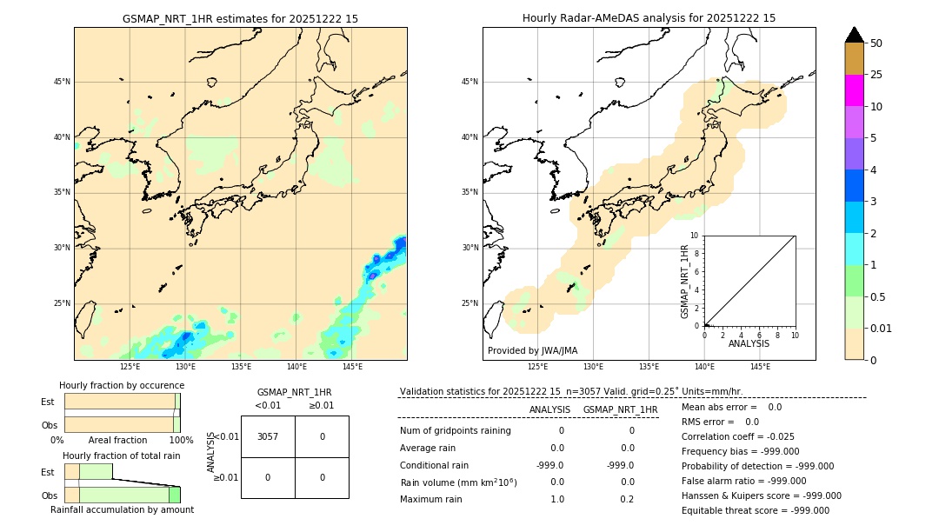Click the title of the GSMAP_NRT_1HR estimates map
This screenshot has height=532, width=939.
(x=240, y=18)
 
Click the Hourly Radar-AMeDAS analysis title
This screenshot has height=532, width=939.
(x=649, y=18)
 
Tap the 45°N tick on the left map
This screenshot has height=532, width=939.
(x=62, y=82)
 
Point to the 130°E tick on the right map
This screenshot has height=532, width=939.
(x=593, y=367)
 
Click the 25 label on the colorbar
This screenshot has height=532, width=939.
(x=876, y=75)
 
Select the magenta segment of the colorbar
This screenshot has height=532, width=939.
(x=854, y=90)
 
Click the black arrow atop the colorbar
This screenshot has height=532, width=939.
(x=854, y=35)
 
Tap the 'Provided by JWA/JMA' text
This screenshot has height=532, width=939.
(x=532, y=350)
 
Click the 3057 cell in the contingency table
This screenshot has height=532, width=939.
(x=268, y=436)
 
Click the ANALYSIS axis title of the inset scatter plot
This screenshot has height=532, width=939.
(x=749, y=344)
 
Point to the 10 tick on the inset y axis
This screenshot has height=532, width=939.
(x=695, y=236)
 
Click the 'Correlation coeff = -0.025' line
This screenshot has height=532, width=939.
(x=737, y=436)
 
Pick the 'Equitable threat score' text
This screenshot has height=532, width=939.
(x=755, y=510)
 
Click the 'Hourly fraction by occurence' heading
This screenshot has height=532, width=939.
(x=122, y=385)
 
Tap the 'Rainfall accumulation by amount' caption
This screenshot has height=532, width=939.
(x=122, y=509)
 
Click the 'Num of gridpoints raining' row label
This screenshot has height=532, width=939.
(x=455, y=430)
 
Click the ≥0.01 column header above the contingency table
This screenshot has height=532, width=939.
(x=321, y=405)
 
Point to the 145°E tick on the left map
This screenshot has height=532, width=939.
(x=352, y=367)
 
